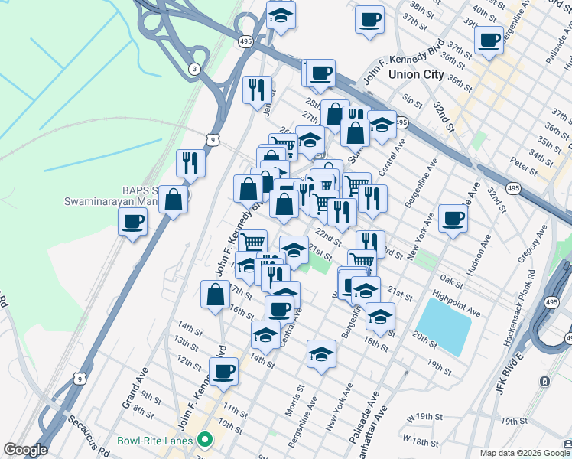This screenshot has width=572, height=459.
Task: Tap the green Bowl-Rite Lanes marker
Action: point(204,440)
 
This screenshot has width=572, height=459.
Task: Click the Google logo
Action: point(25,450)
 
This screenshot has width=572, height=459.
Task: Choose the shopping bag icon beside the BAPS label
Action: point(174,200)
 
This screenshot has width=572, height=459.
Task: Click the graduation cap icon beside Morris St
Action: point(322,353)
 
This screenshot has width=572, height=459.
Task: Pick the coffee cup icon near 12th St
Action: point(224,372)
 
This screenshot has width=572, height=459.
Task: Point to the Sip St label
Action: point(412,100)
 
